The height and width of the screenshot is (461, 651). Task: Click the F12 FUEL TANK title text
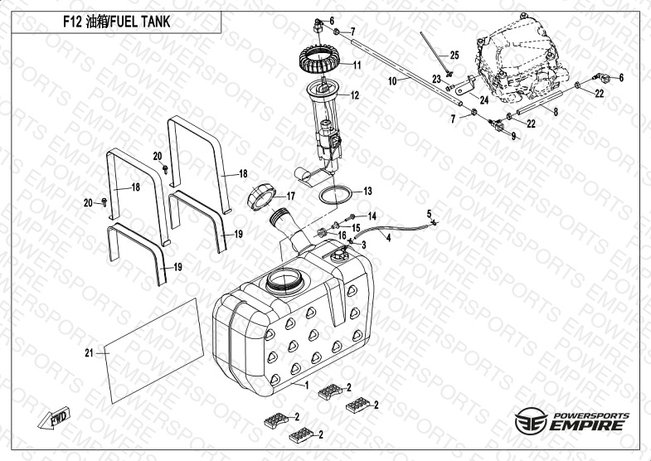(x=116, y=22)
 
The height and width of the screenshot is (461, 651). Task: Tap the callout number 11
(x=356, y=66)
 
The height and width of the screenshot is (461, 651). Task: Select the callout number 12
(x=354, y=96)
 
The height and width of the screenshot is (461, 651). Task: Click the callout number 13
(x=367, y=192)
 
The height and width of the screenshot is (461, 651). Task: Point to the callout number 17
(x=290, y=197)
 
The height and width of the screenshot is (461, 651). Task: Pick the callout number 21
(x=87, y=353)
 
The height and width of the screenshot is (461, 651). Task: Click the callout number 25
(x=454, y=55)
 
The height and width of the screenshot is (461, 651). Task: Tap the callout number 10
(x=394, y=81)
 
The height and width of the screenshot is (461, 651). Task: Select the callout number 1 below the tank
(x=306, y=386)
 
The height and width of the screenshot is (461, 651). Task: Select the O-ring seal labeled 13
(x=335, y=196)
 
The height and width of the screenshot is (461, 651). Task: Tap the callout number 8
(x=555, y=110)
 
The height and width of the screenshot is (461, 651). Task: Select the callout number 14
(x=372, y=216)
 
